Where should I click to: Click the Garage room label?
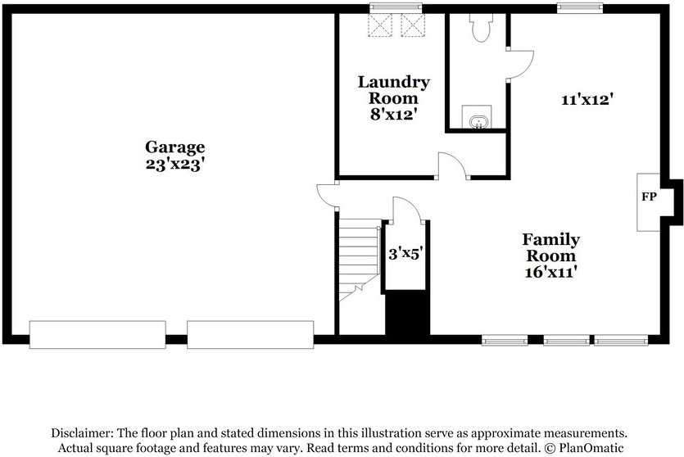pyautogui.click(x=174, y=147)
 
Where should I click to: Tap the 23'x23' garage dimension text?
pyautogui.click(x=174, y=163)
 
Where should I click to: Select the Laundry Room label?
pyautogui.click(x=393, y=90)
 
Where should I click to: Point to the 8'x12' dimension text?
pyautogui.click(x=394, y=114)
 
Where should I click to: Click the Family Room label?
pyautogui.click(x=550, y=247)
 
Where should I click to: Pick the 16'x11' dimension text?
pyautogui.click(x=550, y=272)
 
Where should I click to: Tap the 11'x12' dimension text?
pyautogui.click(x=587, y=100)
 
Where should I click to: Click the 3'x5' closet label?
pyautogui.click(x=405, y=254)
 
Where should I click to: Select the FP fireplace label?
pyautogui.click(x=648, y=197)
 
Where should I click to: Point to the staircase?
pyautogui.click(x=358, y=254)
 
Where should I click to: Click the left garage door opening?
pyautogui.click(x=97, y=334)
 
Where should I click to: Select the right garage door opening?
pyautogui.click(x=250, y=334)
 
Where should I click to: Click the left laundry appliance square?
pyautogui.click(x=380, y=26)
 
